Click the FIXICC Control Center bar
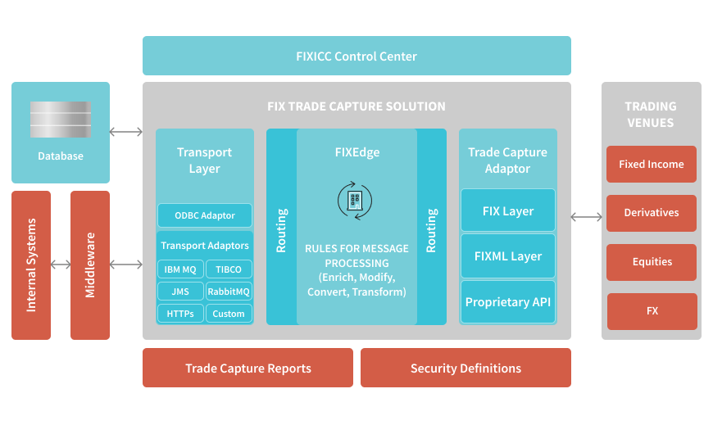click(x=356, y=57)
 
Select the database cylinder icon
click(x=61, y=120)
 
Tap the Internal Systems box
click(x=31, y=264)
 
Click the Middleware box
click(x=90, y=264)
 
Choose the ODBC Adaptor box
click(x=204, y=216)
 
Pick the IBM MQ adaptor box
click(x=179, y=269)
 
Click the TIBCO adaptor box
click(x=229, y=269)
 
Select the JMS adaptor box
click(x=179, y=292)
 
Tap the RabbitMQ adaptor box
click(x=229, y=292)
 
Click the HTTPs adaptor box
click(x=179, y=314)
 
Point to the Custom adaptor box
click(x=229, y=314)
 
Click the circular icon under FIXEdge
click(x=355, y=199)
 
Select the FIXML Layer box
click(x=508, y=256)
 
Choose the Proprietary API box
click(x=508, y=302)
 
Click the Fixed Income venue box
click(x=652, y=165)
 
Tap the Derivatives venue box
click(x=652, y=213)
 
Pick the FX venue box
click(x=652, y=311)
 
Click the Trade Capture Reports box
click(x=248, y=368)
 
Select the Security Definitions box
click(x=465, y=368)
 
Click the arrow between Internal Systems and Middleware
click(x=61, y=264)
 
